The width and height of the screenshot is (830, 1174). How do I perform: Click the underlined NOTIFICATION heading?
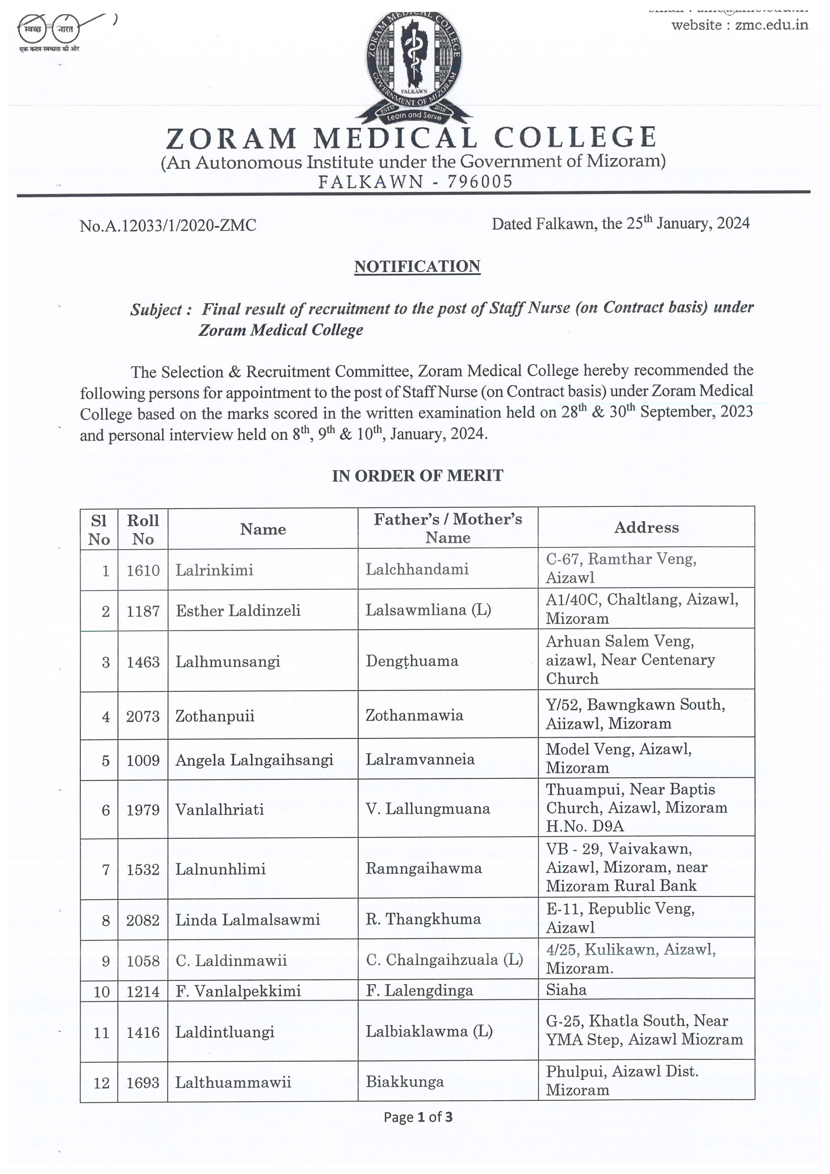point(417,267)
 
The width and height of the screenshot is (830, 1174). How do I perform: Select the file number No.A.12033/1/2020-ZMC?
point(168,226)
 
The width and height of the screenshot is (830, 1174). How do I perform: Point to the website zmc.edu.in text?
point(740,25)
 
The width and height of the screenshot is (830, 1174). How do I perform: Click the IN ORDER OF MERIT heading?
point(417,476)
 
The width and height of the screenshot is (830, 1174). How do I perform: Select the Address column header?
point(646,527)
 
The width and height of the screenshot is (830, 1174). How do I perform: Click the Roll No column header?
point(143,529)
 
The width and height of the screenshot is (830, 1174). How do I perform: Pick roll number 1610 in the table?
point(143,570)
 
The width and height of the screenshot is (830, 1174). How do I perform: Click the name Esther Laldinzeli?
point(238,610)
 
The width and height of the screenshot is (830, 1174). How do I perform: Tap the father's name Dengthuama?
point(412,661)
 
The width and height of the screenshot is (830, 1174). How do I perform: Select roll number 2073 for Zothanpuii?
point(143,716)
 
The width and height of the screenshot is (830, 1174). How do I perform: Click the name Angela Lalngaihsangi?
point(254,760)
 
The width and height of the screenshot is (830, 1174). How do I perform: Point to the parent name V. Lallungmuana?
point(428,809)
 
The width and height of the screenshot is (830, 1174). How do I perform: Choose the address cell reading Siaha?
point(566,989)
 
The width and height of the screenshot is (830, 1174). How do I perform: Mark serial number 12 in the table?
point(101,1082)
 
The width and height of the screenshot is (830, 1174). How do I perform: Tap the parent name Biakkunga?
point(405,1081)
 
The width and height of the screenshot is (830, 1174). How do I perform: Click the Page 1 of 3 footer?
point(418,1117)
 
